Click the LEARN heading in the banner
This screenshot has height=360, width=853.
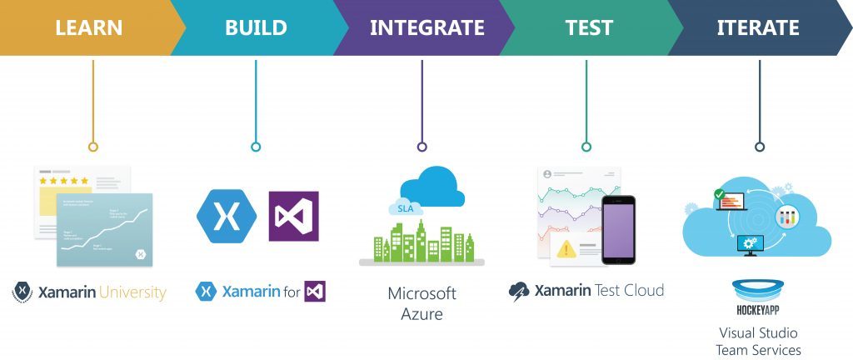point(88,27)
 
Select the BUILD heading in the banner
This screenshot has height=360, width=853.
point(256,27)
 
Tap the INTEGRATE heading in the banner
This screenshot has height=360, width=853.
point(426,27)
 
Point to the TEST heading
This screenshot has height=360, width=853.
point(590,27)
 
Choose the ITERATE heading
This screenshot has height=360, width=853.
point(758,27)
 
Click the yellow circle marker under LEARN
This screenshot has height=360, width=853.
point(93,147)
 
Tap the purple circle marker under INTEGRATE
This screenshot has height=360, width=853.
point(422,147)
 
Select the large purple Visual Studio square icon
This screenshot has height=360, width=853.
point(293,216)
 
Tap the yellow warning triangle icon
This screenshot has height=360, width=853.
point(566,248)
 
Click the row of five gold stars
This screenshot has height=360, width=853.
point(67,180)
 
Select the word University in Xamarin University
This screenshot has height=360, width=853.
point(132,292)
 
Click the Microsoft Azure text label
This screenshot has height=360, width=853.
point(422,304)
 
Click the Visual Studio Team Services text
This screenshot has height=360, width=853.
point(758,342)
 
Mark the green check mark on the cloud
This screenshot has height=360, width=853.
point(719,195)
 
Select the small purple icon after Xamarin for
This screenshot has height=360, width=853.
point(315,292)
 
